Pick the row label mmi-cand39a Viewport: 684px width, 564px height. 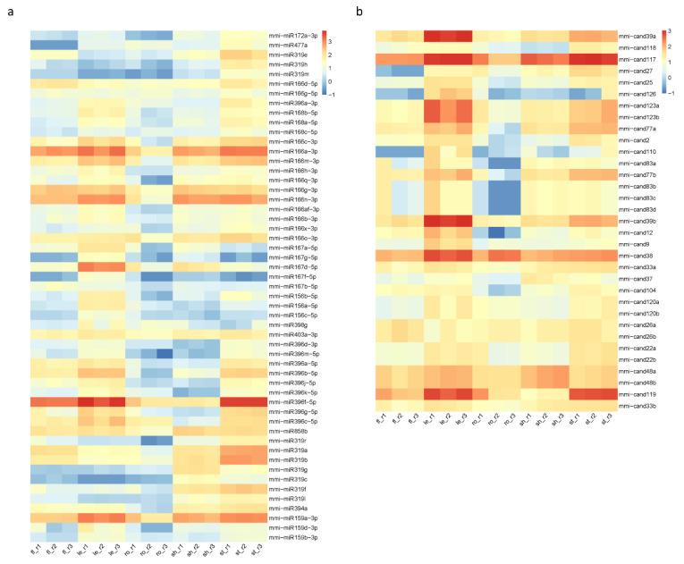(637, 36)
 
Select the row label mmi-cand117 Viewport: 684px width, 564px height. (636, 59)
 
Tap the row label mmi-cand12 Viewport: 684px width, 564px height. (634, 232)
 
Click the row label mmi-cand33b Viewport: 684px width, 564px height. (637, 406)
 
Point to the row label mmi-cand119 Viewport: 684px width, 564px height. (636, 394)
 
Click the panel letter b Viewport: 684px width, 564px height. (359, 11)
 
